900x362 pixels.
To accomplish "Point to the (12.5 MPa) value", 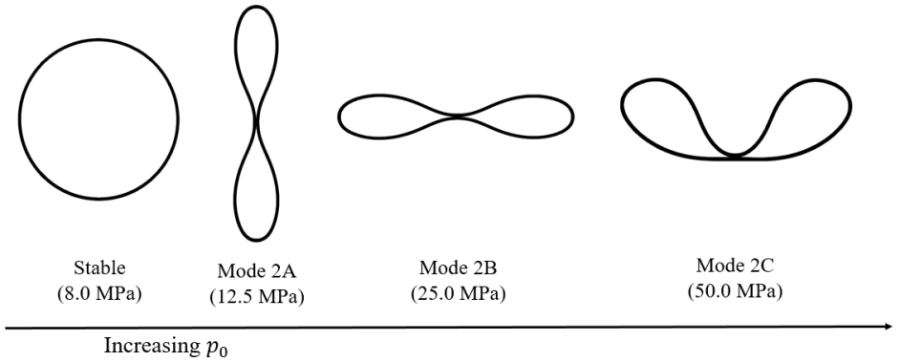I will pyautogui.click(x=256, y=296).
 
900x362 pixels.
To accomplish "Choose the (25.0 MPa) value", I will pyautogui.click(x=457, y=291).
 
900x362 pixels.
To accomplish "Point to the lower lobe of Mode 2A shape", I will pyautogui.click(x=256, y=191).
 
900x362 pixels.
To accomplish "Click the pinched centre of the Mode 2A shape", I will pyautogui.click(x=256, y=121).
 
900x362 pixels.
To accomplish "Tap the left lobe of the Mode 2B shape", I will pyautogui.click(x=382, y=116).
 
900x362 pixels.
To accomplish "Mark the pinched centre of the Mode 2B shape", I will pyautogui.click(x=457, y=117).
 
